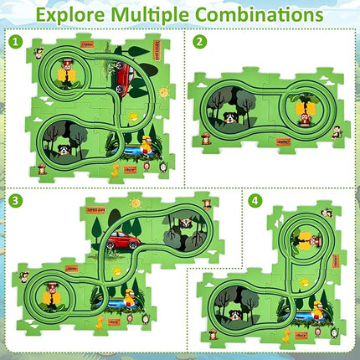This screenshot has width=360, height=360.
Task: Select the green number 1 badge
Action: click(x=15, y=41)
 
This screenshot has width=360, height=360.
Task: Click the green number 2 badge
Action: click(x=199, y=41)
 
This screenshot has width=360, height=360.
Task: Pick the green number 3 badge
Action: click(x=15, y=200)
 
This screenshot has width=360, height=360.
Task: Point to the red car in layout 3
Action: click(x=122, y=242)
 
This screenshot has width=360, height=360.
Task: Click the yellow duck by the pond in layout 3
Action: click(x=131, y=297)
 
